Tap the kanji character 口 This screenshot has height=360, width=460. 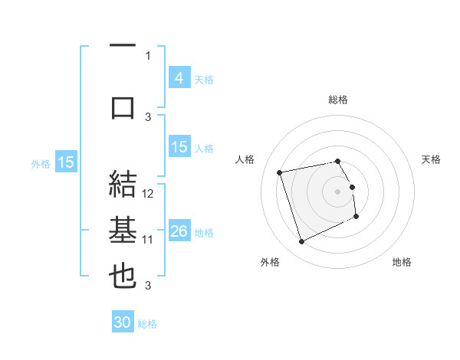click(123, 106)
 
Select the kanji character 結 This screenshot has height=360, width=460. click(123, 183)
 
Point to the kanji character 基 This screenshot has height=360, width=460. click(123, 230)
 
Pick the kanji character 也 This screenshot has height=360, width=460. click(123, 276)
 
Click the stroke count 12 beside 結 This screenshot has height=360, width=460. click(149, 194)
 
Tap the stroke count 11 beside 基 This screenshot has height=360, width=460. click(149, 240)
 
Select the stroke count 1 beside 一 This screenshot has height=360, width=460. click(149, 56)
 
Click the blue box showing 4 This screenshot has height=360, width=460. click(179, 78)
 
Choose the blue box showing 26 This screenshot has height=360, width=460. click(179, 231)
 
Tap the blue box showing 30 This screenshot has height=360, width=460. click(123, 323)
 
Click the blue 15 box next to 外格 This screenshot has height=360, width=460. click(65, 162)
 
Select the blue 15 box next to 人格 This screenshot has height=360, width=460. click(179, 147)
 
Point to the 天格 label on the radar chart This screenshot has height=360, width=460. click(431, 159)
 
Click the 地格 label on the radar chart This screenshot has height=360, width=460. click(402, 262)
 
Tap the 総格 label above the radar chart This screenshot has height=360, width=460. click(338, 100)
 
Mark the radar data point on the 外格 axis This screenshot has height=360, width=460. click(301, 242)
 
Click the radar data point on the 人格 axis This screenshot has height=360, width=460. click(280, 172)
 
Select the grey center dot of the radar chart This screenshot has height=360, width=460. click(338, 191)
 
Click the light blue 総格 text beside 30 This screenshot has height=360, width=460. click(147, 324)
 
